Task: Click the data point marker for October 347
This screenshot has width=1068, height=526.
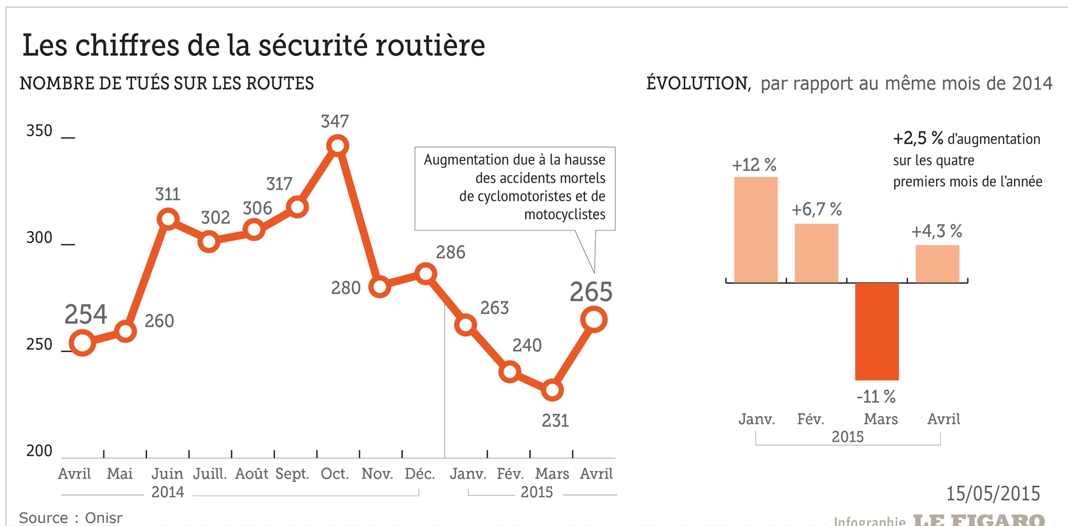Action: (338, 145)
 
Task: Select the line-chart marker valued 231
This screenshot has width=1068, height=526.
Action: (552, 390)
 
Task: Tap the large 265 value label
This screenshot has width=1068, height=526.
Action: (591, 292)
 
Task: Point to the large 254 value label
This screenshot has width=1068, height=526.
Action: (86, 315)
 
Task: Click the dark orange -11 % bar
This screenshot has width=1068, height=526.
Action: (877, 331)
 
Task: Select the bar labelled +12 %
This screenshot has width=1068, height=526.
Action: (755, 229)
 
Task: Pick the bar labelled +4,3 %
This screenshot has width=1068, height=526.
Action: (937, 264)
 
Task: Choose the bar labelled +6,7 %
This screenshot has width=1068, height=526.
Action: (816, 253)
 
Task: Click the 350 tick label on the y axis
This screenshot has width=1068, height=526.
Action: (39, 130)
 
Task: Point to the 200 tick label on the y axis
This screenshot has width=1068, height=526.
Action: (39, 451)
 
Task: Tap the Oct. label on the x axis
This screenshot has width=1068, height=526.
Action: (335, 474)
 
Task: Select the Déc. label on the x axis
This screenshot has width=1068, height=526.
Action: (420, 474)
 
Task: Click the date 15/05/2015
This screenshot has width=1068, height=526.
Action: (993, 494)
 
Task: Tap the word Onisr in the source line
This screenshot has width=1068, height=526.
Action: (104, 518)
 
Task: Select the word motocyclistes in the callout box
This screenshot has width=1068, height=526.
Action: (564, 214)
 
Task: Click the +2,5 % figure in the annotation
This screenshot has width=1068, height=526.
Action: (918, 138)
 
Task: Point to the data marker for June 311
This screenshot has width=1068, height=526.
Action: (168, 218)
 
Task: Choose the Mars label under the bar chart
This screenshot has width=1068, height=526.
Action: (881, 419)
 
